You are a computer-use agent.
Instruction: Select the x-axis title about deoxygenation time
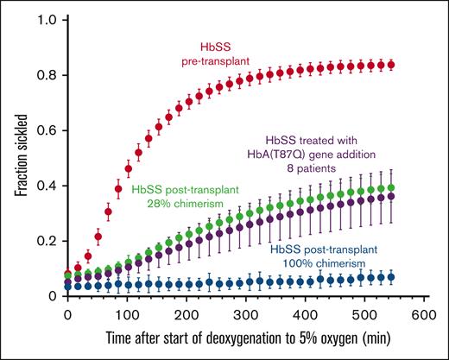(x=248, y=341)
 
